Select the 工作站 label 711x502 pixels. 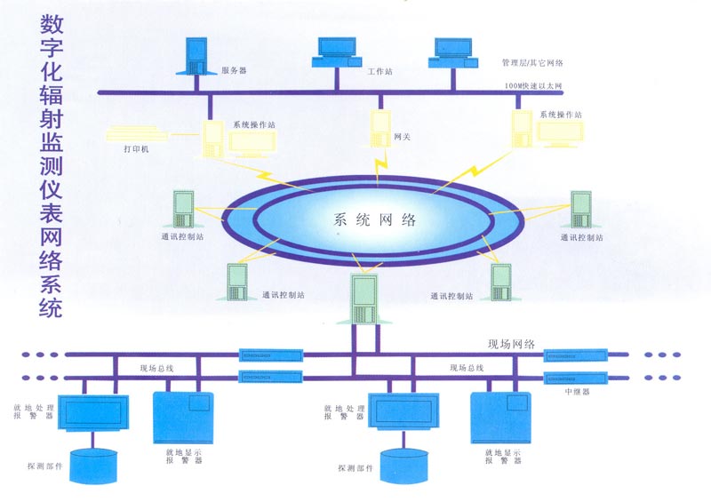[x=380, y=69]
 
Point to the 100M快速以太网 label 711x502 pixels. [x=531, y=86]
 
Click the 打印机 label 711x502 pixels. [x=137, y=149]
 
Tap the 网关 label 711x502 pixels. [x=402, y=137]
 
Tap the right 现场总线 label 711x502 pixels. [x=467, y=367]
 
